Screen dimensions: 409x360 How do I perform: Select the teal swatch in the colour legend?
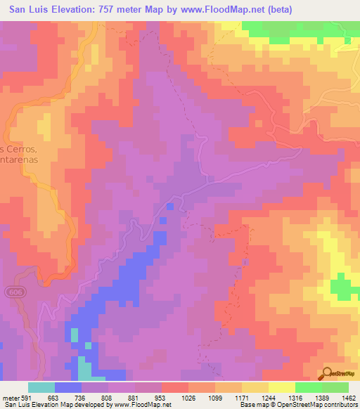point(41,387)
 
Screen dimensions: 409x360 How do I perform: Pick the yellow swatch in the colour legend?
point(282,387)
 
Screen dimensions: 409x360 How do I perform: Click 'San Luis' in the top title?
point(33,9)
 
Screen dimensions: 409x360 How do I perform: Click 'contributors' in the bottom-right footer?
point(338,405)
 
